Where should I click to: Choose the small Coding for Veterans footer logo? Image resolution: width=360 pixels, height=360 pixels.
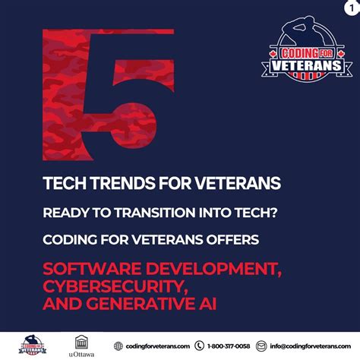(32, 343)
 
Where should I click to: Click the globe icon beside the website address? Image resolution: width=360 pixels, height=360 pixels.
(118, 346)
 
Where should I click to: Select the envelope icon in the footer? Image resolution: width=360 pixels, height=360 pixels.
(262, 346)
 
